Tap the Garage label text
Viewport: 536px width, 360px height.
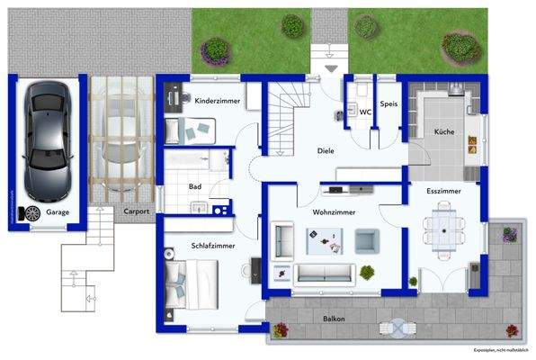pyautogui.click(x=58, y=213)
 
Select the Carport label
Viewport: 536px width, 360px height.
pyautogui.click(x=138, y=212)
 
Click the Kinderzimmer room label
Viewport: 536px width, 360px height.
pyautogui.click(x=217, y=102)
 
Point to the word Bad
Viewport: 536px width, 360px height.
pyautogui.click(x=194, y=186)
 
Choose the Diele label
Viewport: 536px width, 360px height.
pyautogui.click(x=326, y=151)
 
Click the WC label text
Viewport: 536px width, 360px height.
pyautogui.click(x=366, y=112)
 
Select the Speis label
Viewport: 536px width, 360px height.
pyautogui.click(x=389, y=103)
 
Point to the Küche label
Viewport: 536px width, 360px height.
pyautogui.click(x=444, y=132)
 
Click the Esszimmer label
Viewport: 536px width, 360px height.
pyautogui.click(x=445, y=192)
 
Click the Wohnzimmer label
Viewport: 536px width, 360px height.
pyautogui.click(x=334, y=212)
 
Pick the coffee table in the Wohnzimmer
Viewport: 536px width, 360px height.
pyautogui.click(x=324, y=239)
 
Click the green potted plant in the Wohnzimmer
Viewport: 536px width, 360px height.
pyautogui.click(x=366, y=272)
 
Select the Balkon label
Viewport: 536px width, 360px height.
pyautogui.click(x=335, y=319)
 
